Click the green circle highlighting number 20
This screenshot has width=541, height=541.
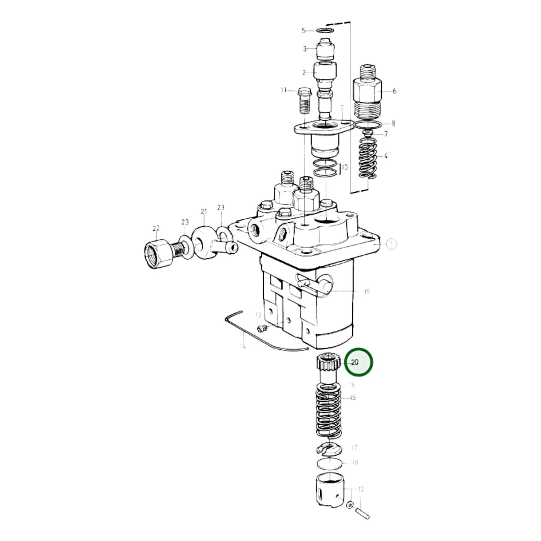[x=359, y=362]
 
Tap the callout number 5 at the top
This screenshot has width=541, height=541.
[x=304, y=31]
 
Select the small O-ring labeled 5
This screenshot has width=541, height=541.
[x=325, y=30]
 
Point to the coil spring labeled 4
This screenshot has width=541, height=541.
[x=367, y=157]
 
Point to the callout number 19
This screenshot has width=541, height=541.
[x=367, y=291]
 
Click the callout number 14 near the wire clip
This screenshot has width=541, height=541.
[x=243, y=346]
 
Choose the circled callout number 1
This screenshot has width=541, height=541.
[x=391, y=244]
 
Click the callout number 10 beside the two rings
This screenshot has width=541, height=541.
[x=344, y=167]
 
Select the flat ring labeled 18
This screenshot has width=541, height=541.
[x=329, y=463]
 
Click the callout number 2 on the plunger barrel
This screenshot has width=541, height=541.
[x=304, y=72]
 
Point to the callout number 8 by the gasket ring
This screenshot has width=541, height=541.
[x=393, y=123]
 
